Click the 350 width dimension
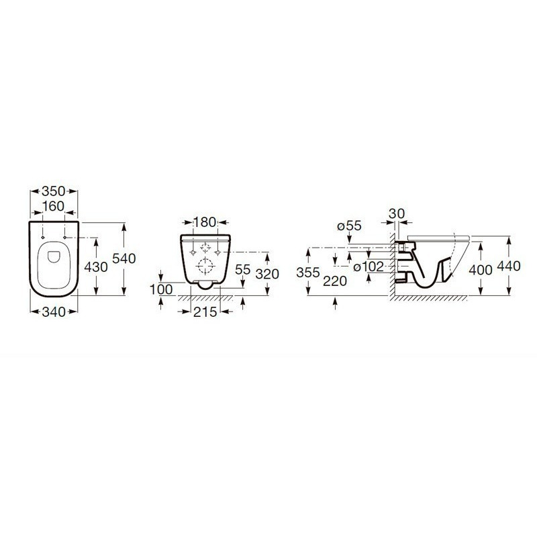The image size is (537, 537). (x=54, y=191)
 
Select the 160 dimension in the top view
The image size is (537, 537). (x=54, y=206)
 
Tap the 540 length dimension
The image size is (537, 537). (x=124, y=258)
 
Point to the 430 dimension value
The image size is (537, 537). (x=96, y=266)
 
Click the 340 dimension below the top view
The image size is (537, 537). (x=54, y=311)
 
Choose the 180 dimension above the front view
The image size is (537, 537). (x=205, y=222)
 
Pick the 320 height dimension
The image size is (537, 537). (x=267, y=274)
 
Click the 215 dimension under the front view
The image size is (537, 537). (x=205, y=311)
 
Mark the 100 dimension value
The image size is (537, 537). (x=161, y=289)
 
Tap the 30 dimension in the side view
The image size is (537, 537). (x=397, y=213)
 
